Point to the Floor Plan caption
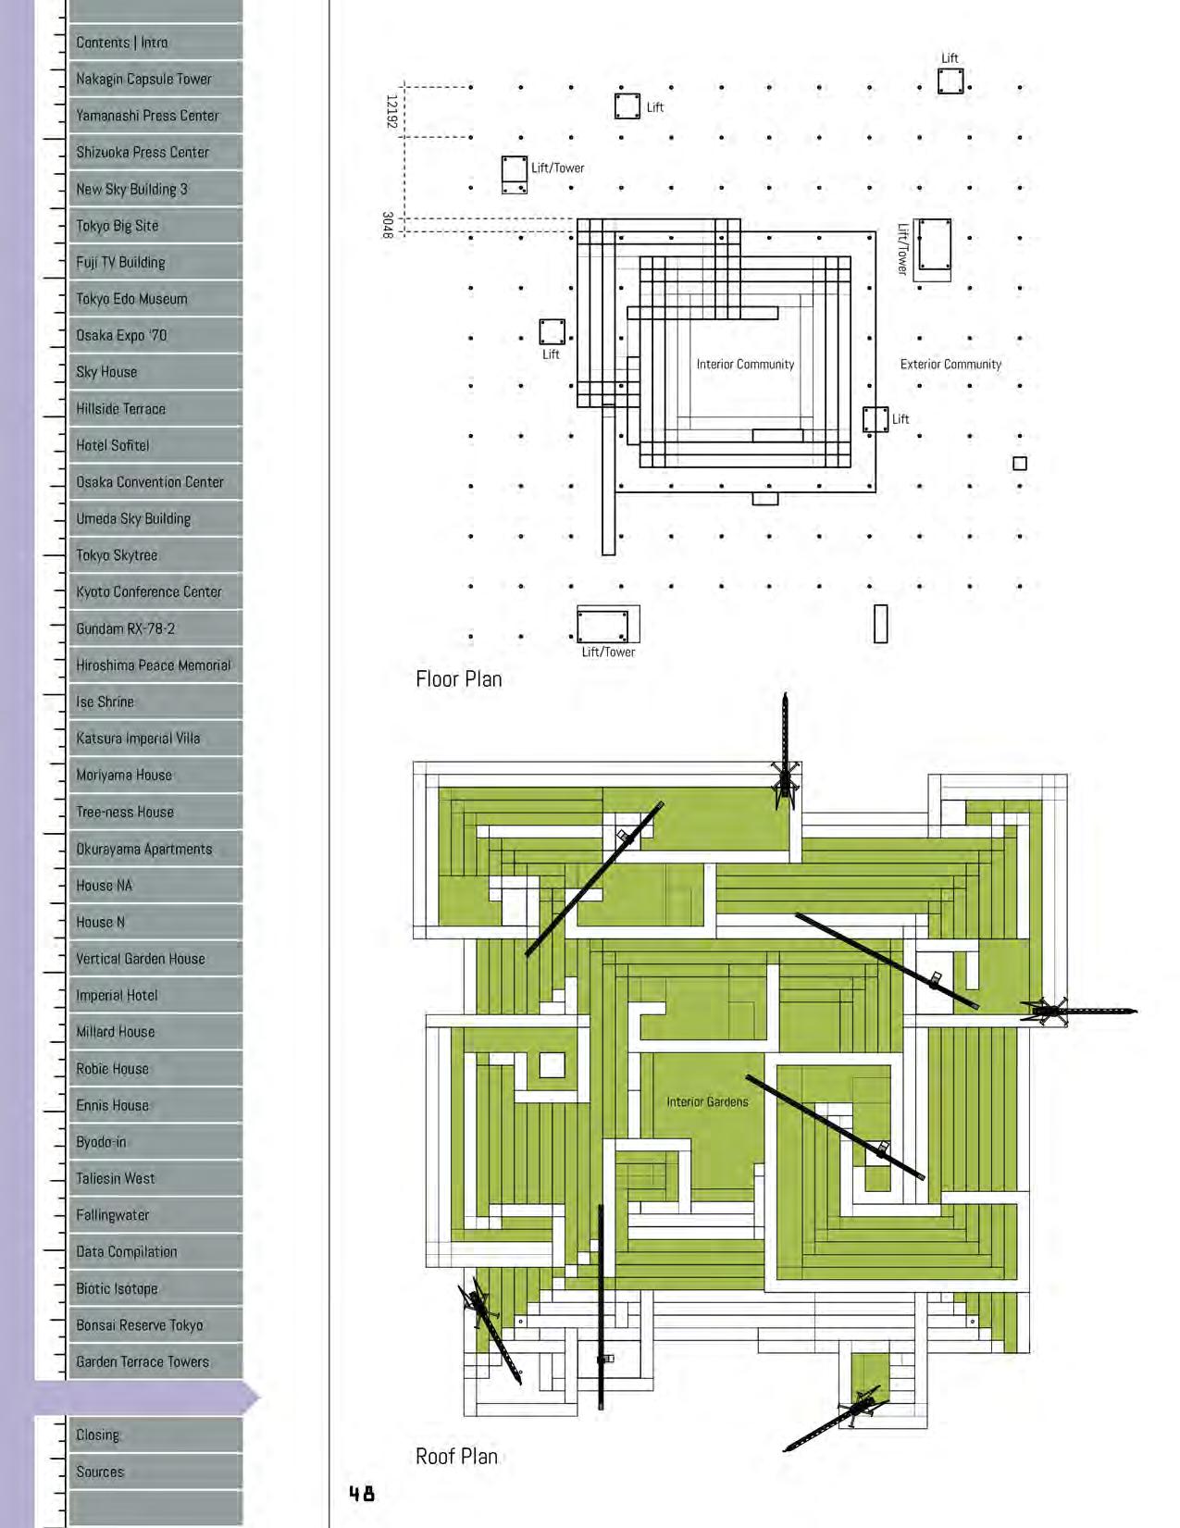pos(459,679)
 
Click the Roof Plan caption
pos(456,1457)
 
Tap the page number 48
pos(362,1493)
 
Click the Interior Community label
pos(745,365)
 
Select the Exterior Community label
pos(950,365)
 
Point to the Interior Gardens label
pos(707,1102)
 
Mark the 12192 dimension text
pos(391,112)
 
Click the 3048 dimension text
pos(388,225)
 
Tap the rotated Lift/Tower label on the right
pos(902,248)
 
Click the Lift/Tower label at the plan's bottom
pos(608,652)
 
